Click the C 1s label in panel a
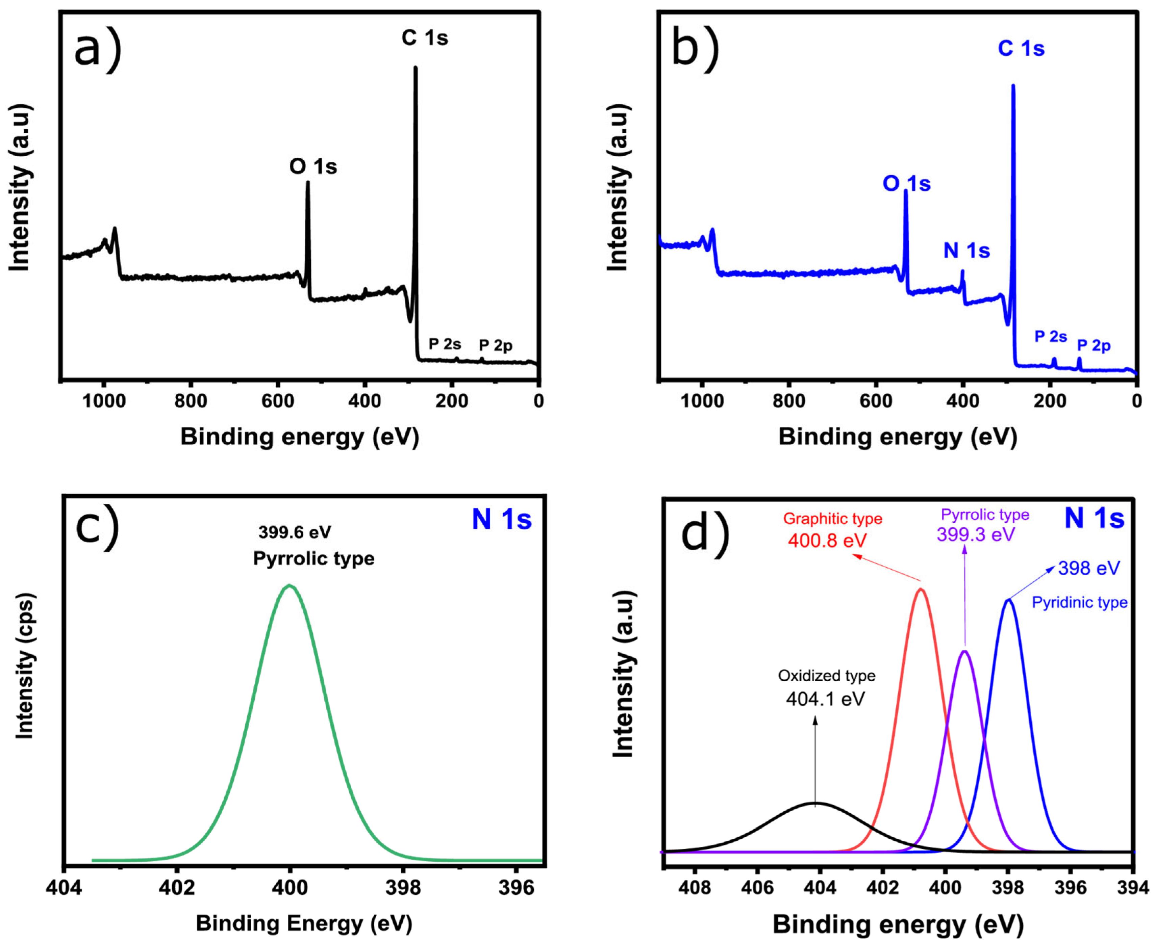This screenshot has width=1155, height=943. (x=425, y=38)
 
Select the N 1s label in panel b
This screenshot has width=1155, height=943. (x=966, y=251)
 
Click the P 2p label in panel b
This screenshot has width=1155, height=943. (x=1094, y=345)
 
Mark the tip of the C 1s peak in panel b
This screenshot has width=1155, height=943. (x=1012, y=86)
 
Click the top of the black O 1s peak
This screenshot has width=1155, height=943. (x=308, y=183)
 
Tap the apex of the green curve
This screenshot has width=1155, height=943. (x=290, y=585)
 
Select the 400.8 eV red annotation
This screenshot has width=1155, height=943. (x=827, y=541)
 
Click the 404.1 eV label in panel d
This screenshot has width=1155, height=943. (x=825, y=699)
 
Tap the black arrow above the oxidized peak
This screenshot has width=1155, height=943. (x=815, y=760)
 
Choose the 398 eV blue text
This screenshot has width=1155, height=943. (x=1089, y=568)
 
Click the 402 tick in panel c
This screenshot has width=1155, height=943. (x=177, y=888)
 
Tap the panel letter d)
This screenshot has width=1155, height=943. (x=705, y=534)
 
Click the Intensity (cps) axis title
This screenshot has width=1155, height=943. (x=24, y=665)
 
